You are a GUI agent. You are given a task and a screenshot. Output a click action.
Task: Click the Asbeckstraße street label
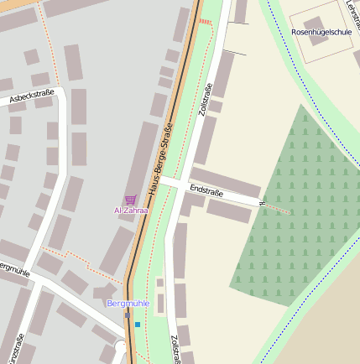(32, 97)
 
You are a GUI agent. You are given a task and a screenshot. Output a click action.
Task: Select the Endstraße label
(206, 190)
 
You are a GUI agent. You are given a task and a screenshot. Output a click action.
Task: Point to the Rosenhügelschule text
(321, 32)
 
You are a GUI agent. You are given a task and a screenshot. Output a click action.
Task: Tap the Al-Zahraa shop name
(130, 211)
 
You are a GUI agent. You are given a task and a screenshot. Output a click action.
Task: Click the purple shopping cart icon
(130, 200)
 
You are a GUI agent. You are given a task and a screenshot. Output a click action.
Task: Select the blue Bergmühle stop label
(128, 303)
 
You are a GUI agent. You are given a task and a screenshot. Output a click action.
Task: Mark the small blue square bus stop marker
(138, 324)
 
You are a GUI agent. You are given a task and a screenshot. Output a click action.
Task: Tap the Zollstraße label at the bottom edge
(176, 350)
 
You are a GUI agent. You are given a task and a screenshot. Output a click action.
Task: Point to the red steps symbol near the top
(205, 22)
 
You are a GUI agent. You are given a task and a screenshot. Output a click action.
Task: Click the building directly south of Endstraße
(228, 211)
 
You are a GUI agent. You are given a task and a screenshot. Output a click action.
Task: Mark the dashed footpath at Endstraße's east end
(277, 209)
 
